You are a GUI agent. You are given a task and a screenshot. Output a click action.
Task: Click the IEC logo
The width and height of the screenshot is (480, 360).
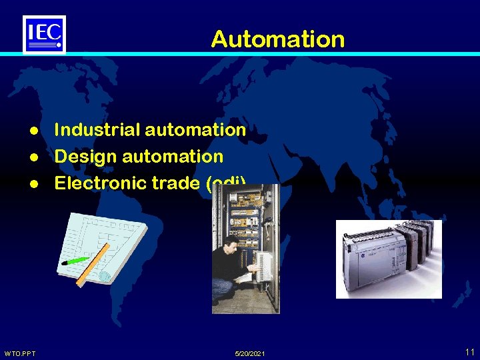click(x=44, y=33)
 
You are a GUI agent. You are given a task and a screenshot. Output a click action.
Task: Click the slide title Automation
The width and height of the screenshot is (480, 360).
click(x=277, y=39)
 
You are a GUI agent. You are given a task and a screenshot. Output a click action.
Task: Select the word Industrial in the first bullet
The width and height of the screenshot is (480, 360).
click(x=97, y=129)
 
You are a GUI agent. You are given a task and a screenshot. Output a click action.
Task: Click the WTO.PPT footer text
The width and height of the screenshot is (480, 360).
click(x=20, y=353)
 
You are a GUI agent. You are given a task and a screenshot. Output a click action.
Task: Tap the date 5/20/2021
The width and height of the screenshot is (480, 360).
click(x=250, y=353)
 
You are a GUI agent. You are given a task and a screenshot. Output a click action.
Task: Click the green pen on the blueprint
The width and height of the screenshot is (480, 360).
click(x=75, y=260)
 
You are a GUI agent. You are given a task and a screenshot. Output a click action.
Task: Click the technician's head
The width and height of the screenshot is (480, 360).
click(x=229, y=243)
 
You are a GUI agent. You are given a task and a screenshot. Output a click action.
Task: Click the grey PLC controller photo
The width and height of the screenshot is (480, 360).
click(x=389, y=259)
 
